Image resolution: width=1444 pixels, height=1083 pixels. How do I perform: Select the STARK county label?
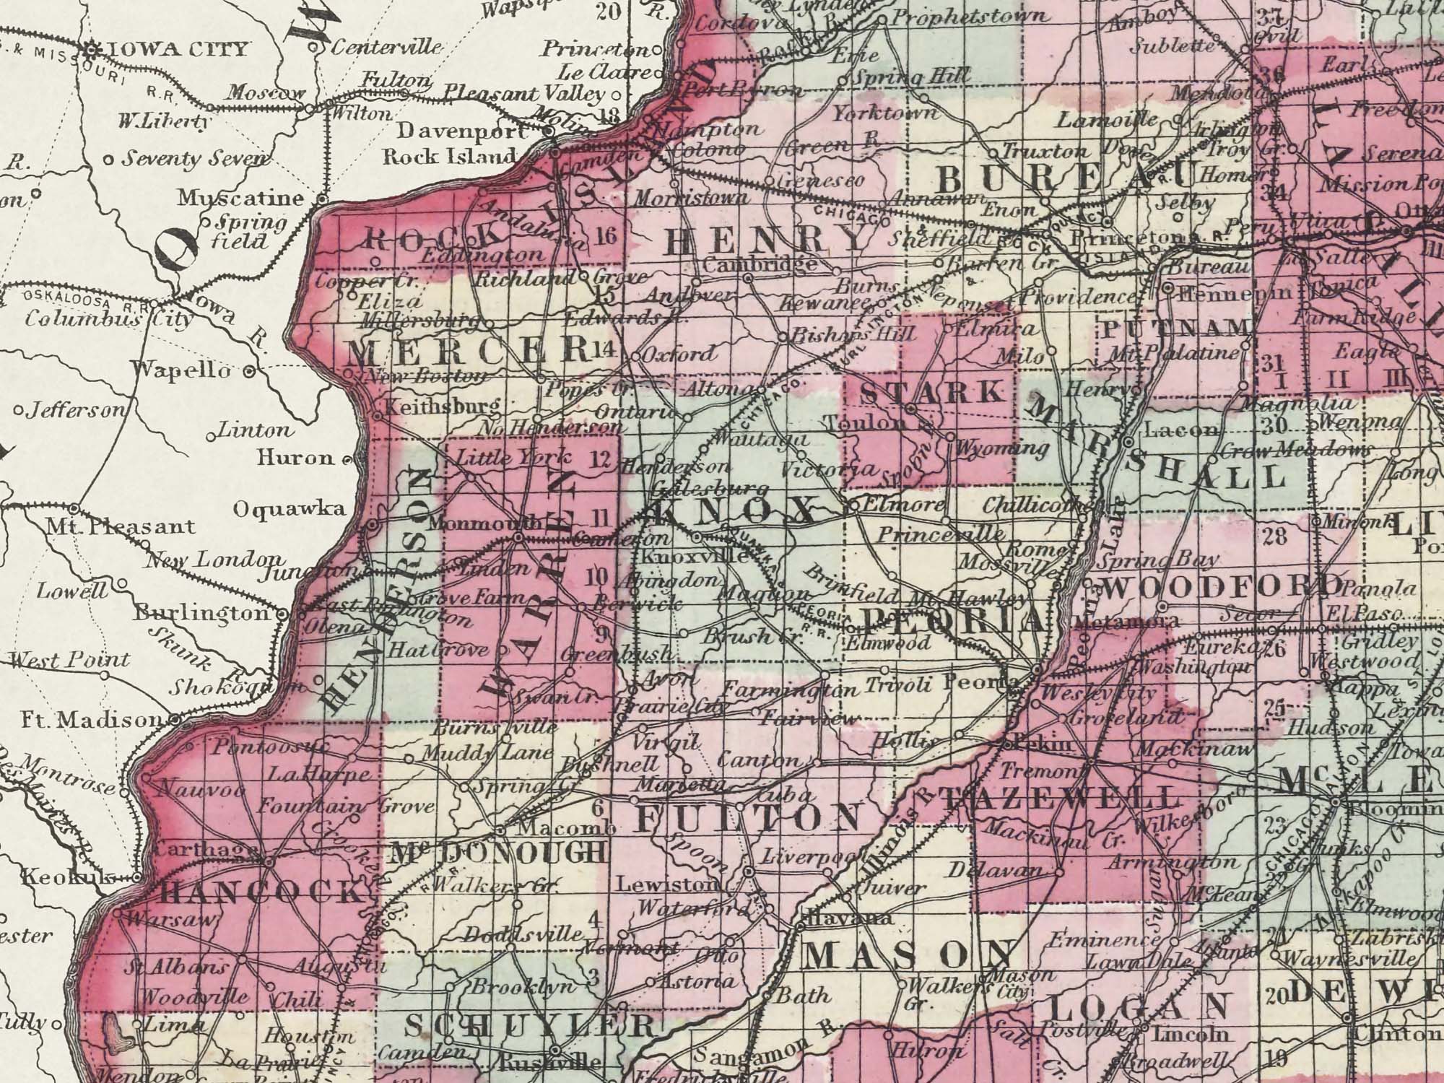(x=934, y=392)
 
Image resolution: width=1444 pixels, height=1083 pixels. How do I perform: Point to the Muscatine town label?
(x=241, y=198)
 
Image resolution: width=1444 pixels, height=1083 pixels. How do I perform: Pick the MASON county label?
(x=908, y=957)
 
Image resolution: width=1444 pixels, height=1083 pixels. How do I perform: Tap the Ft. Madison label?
(x=92, y=720)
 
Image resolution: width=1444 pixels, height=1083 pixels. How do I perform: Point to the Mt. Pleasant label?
(x=121, y=526)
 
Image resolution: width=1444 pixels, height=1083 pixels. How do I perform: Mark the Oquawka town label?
(x=289, y=509)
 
